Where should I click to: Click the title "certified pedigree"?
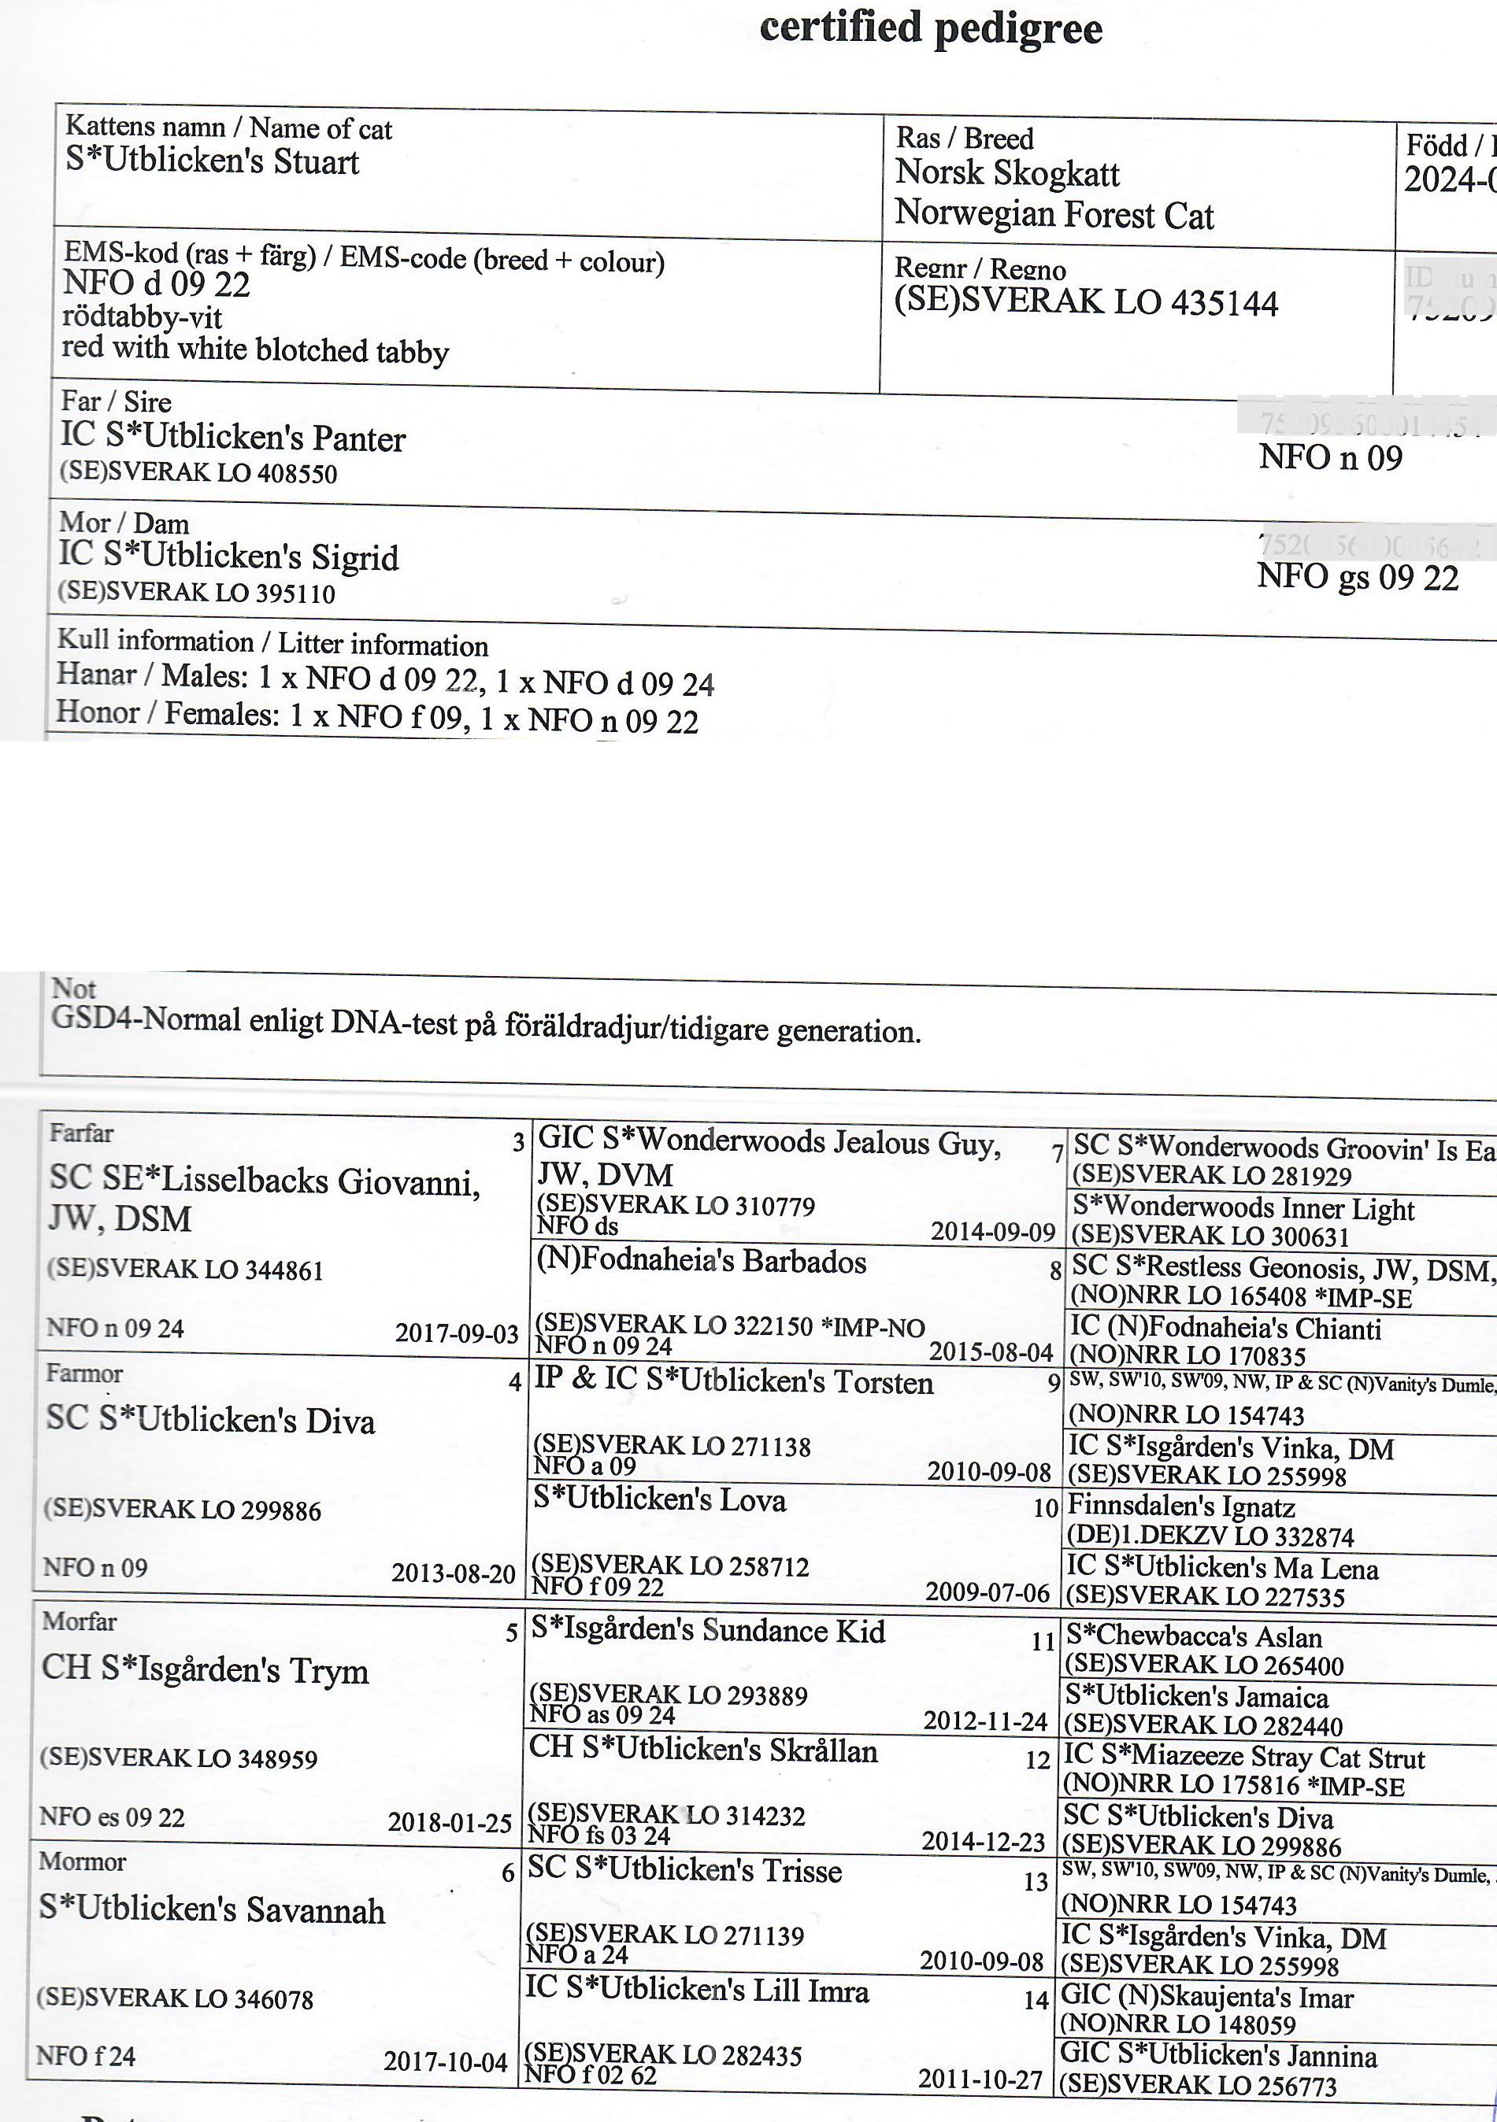click(930, 28)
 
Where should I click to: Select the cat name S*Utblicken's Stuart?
click(212, 161)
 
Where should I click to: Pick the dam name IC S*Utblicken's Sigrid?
click(228, 556)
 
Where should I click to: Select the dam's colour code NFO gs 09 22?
click(1358, 578)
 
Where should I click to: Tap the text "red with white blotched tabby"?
click(255, 350)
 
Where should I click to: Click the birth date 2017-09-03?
click(457, 1333)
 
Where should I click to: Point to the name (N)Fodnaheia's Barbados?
click(701, 1262)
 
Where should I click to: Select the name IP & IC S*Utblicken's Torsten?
click(734, 1383)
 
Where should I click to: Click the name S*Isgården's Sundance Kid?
click(707, 1630)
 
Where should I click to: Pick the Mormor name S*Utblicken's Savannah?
click(212, 1909)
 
